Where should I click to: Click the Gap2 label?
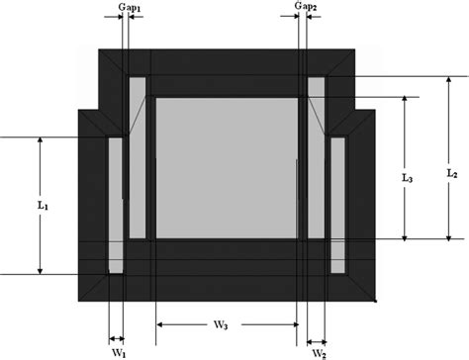click(x=306, y=8)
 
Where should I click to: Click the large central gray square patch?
click(x=226, y=166)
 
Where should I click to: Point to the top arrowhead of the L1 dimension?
click(x=40, y=140)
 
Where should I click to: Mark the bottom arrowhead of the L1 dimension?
click(x=40, y=270)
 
